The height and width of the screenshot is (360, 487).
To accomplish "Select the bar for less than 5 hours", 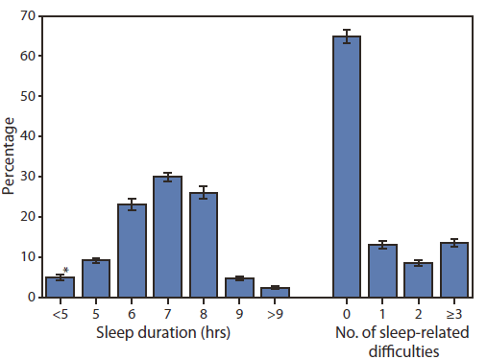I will (60, 287).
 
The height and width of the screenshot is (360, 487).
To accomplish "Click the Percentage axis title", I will (9, 156).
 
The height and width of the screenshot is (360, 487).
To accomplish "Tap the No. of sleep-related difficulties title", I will (402, 343).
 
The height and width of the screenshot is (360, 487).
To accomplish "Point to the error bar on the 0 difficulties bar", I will (346, 36).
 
